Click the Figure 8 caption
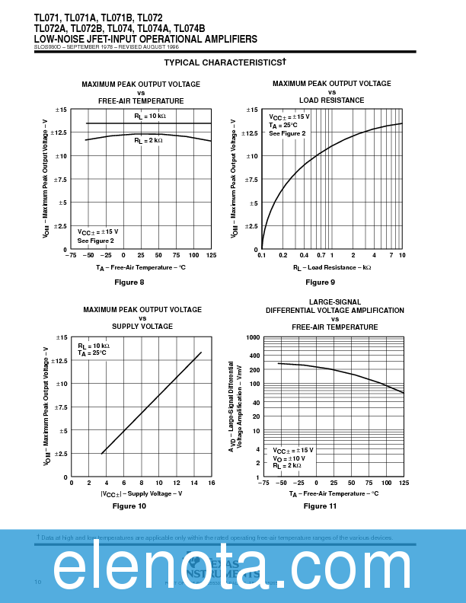129,282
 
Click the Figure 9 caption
321,282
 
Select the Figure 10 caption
129,506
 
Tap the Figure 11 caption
320,506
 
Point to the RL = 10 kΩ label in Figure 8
150,116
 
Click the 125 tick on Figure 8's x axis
211,256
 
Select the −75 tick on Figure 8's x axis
72,256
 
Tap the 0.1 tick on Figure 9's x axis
262,256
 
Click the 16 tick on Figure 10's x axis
211,483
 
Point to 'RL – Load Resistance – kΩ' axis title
332,267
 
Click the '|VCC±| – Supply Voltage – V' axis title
142,493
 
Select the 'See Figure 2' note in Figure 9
287,133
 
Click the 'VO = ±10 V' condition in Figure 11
289,458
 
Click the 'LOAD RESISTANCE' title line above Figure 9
331,100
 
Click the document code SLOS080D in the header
49,47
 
